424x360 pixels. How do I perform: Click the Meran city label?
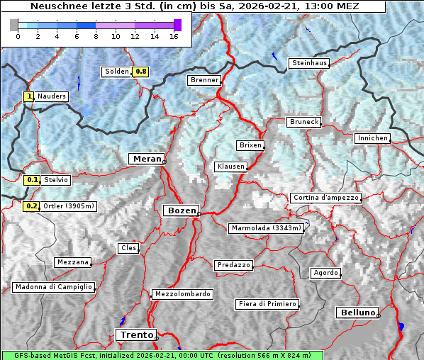click(x=146, y=159)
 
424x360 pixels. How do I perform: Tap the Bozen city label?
click(x=181, y=210)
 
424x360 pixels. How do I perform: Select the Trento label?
click(x=135, y=334)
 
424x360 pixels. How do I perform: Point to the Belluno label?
click(x=357, y=312)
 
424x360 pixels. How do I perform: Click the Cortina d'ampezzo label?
click(x=325, y=198)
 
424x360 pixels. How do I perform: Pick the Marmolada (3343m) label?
click(x=267, y=228)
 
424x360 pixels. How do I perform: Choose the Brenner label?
click(x=204, y=80)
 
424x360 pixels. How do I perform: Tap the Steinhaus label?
click(x=310, y=63)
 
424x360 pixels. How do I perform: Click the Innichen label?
click(x=372, y=138)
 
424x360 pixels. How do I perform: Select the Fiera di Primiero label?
click(x=267, y=304)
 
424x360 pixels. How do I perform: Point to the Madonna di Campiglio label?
click(x=53, y=287)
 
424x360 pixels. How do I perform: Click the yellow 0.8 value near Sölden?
click(x=141, y=72)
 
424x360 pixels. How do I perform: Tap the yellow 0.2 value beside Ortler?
click(x=31, y=206)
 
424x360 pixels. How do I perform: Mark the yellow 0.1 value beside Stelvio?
click(x=32, y=180)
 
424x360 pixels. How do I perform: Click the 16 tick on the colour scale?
click(x=174, y=36)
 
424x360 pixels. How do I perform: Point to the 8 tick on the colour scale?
click(x=96, y=36)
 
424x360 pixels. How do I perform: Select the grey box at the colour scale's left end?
click(x=14, y=25)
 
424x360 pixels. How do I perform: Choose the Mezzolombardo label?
click(x=182, y=293)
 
